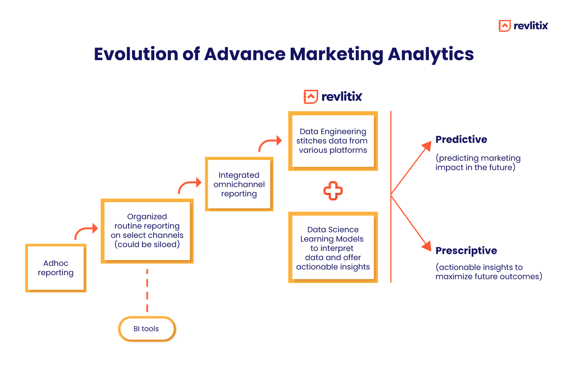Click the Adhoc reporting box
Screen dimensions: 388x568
click(56, 268)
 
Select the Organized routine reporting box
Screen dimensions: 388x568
click(147, 231)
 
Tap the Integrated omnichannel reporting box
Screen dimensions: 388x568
click(239, 184)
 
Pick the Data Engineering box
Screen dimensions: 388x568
click(333, 141)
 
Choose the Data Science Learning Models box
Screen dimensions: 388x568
click(333, 248)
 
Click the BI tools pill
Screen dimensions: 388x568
click(147, 329)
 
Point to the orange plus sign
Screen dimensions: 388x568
click(333, 191)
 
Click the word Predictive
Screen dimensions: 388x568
click(461, 139)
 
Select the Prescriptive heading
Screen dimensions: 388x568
click(466, 251)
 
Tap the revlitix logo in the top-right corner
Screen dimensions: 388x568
click(523, 25)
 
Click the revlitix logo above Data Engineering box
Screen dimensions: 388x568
click(333, 96)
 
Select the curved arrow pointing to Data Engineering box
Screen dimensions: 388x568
click(270, 143)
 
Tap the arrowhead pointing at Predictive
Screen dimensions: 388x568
click(427, 146)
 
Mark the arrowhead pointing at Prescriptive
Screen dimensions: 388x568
click(427, 246)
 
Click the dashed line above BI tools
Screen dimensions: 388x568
click(147, 291)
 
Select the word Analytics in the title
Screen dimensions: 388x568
click(430, 54)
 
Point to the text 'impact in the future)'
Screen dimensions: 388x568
click(475, 167)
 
